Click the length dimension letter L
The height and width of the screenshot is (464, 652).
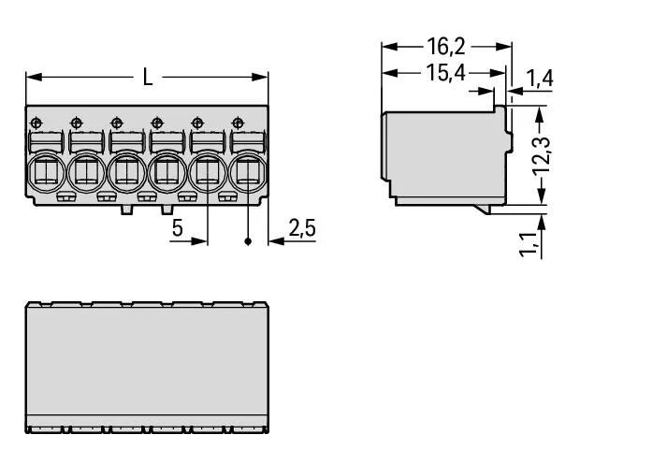148,78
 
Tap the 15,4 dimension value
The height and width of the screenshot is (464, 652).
445,73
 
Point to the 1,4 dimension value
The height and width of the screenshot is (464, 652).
539,79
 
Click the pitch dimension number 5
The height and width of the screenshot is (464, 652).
176,228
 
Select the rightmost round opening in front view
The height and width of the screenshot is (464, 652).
247,172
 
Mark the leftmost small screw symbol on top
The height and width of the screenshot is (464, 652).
36,122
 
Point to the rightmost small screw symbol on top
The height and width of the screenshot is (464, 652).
238,122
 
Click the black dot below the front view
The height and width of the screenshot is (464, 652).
248,241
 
